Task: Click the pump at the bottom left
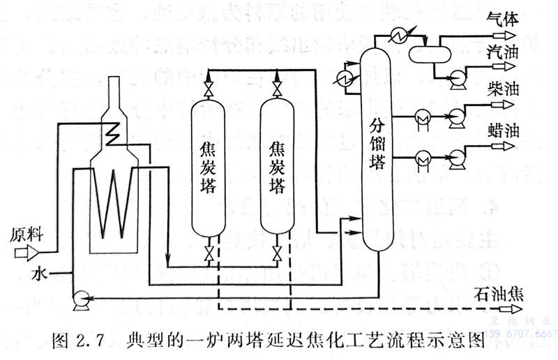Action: (x=79, y=300)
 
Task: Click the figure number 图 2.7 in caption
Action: (x=77, y=340)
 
